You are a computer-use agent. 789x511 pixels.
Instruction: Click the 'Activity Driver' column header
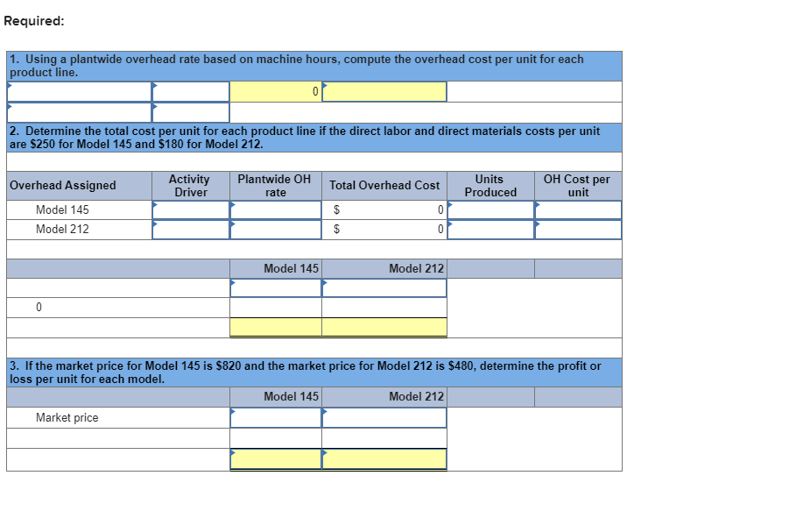click(x=189, y=185)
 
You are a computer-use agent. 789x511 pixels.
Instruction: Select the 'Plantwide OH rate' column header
click(x=274, y=185)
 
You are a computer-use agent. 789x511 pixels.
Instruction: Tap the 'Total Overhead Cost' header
click(x=384, y=185)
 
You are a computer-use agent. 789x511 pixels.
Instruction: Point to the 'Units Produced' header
click(x=490, y=185)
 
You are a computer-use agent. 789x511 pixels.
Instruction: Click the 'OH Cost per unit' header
click(x=577, y=185)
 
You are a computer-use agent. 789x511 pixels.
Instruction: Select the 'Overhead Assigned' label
click(x=63, y=185)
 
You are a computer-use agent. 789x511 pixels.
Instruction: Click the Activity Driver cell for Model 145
click(x=190, y=210)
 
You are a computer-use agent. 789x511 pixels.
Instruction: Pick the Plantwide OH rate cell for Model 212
click(x=275, y=230)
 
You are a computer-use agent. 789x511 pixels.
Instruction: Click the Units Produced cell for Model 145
click(x=490, y=210)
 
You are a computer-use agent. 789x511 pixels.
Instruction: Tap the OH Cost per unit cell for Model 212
click(x=578, y=230)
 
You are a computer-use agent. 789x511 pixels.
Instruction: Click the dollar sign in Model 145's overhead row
click(x=337, y=210)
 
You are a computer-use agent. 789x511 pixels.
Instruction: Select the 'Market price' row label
click(x=67, y=418)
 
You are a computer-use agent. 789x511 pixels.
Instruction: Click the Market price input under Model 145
click(x=275, y=418)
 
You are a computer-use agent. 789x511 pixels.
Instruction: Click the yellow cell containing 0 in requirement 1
click(x=275, y=91)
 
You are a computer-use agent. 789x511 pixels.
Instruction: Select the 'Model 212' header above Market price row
click(x=416, y=397)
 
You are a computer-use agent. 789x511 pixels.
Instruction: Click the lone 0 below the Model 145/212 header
click(x=39, y=308)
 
